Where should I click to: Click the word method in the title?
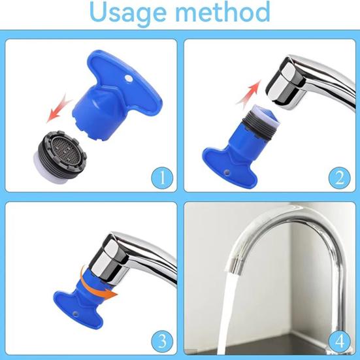tap(223, 12)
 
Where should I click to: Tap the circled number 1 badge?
tap(162, 178)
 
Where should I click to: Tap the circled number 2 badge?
tap(340, 178)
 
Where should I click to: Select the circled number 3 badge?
tap(162, 342)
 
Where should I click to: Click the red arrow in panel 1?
tap(59, 108)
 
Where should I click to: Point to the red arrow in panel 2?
tap(249, 94)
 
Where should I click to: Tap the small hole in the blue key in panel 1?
tap(129, 79)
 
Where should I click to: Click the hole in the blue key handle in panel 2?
tap(227, 172)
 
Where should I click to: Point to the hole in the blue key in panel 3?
tap(75, 313)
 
